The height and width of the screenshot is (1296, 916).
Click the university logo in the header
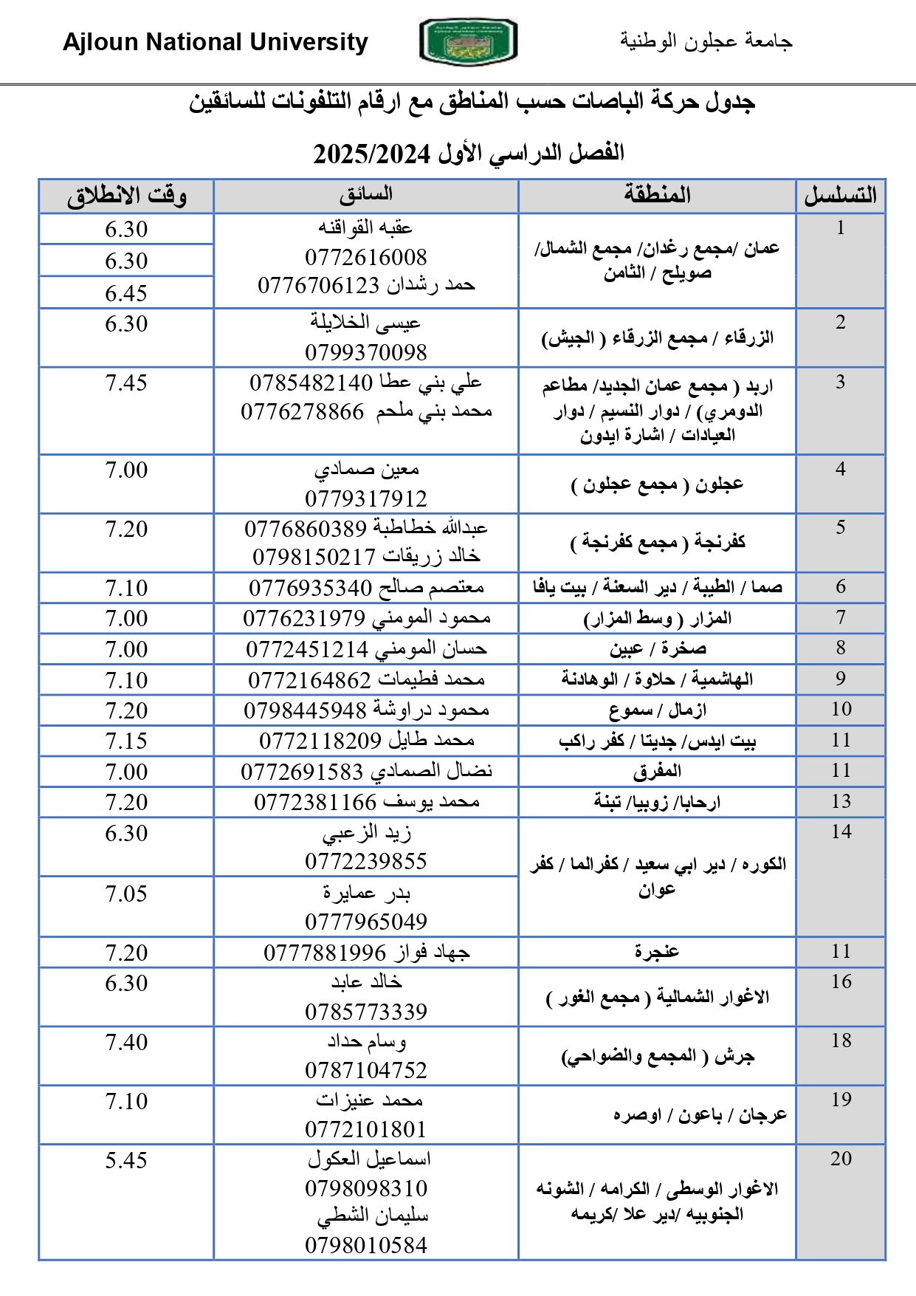click(468, 41)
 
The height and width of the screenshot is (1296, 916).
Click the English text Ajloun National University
click(215, 42)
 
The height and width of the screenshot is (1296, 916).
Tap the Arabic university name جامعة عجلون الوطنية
click(706, 41)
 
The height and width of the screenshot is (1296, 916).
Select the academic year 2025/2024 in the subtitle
click(371, 154)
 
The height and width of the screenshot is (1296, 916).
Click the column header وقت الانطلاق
click(126, 196)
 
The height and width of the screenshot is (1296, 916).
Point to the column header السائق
click(366, 195)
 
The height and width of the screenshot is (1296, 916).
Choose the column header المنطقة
click(657, 195)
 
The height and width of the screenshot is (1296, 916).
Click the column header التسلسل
click(840, 196)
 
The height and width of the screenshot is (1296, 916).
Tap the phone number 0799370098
click(366, 352)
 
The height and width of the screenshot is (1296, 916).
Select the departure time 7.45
click(126, 383)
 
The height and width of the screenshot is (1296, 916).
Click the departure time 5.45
click(126, 1160)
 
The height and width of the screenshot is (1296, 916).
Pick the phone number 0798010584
click(366, 1246)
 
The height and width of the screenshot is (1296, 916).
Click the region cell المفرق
click(657, 772)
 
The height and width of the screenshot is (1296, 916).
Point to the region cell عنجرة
click(657, 952)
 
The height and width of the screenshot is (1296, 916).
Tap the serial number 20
click(841, 1159)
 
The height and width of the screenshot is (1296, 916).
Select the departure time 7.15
click(126, 741)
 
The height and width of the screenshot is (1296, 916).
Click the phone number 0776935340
click(310, 588)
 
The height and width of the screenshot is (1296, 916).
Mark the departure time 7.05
click(126, 894)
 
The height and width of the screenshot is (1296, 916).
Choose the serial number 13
click(841, 801)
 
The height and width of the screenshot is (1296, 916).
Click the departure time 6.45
click(126, 293)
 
